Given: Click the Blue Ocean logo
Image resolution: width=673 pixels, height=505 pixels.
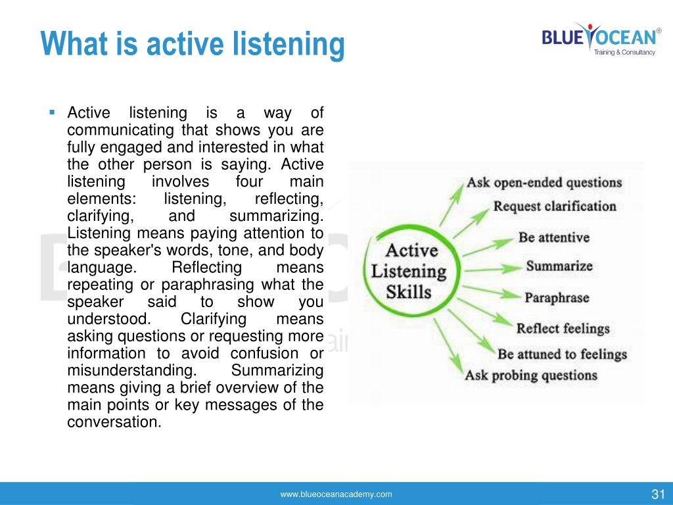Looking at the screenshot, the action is [601, 39].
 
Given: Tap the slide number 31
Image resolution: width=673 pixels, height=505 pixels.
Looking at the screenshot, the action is [658, 494].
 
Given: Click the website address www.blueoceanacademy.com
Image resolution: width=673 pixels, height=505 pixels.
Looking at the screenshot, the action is [336, 494].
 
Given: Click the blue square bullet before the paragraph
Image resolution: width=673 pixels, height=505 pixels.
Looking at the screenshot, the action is [53, 112].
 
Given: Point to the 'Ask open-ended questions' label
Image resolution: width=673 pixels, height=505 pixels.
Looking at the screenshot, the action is [544, 183].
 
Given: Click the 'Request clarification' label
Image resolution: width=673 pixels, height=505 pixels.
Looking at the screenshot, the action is [555, 206].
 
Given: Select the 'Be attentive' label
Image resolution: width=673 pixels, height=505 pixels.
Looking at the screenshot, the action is [553, 237].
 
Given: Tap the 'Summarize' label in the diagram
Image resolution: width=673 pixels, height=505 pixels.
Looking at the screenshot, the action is [559, 266].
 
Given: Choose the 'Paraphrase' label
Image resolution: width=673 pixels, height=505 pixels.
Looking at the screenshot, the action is [557, 298].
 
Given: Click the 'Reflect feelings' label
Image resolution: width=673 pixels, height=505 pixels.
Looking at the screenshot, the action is [563, 329].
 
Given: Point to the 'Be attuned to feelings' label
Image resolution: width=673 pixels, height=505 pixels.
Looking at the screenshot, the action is [563, 354].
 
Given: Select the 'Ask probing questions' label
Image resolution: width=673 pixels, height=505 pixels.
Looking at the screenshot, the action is [531, 375].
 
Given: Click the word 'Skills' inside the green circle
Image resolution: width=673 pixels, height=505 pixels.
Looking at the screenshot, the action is [408, 292].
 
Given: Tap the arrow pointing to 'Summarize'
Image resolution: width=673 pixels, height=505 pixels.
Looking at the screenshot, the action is [494, 270].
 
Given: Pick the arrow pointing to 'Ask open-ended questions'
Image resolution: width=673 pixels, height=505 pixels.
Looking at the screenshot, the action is [452, 205].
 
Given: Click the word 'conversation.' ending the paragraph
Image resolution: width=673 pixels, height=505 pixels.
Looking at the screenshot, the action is [114, 421].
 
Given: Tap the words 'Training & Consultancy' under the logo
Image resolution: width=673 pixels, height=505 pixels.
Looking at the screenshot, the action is [624, 53].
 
